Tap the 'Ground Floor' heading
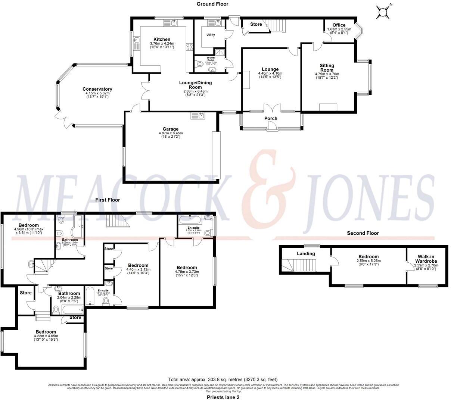pos(212,4)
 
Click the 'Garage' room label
pos(170,129)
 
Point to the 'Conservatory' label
pos(97,89)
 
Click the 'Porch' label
pos(271,119)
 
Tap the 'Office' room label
pos(339,25)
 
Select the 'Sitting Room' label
pos(327,68)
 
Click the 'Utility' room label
pos(211,35)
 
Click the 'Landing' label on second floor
pos(306,254)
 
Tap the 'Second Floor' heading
pos(363,233)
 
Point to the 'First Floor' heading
pos(108,200)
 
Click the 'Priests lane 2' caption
pos(223,397)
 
